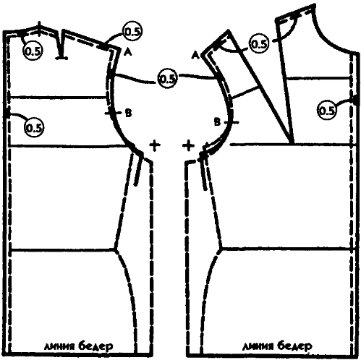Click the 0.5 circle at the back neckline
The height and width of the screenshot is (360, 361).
tap(33, 51)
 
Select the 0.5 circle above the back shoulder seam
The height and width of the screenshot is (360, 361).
tap(132, 32)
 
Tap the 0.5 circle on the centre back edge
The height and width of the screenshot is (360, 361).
tap(34, 127)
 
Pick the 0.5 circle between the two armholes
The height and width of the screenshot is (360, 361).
tap(167, 79)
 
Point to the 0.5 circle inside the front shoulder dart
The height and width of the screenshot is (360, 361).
tap(259, 43)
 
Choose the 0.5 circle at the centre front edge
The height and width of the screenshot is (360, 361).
tap(327, 111)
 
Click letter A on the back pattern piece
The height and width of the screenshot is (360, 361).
tap(128, 52)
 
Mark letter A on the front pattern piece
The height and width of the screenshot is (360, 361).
tap(195, 56)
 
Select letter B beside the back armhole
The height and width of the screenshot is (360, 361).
tap(129, 113)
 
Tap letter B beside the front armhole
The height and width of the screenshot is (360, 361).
tap(217, 122)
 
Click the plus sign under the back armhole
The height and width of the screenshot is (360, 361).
tap(155, 145)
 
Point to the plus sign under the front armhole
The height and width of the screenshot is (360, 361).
tap(188, 146)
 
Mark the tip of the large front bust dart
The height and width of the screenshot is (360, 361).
tap(292, 144)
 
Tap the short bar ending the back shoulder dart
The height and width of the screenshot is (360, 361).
tap(61, 58)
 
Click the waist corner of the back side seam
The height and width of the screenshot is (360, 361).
tap(116, 249)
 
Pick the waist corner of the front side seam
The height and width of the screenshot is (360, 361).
tap(221, 248)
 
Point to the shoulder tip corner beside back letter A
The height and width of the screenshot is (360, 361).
tap(120, 48)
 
